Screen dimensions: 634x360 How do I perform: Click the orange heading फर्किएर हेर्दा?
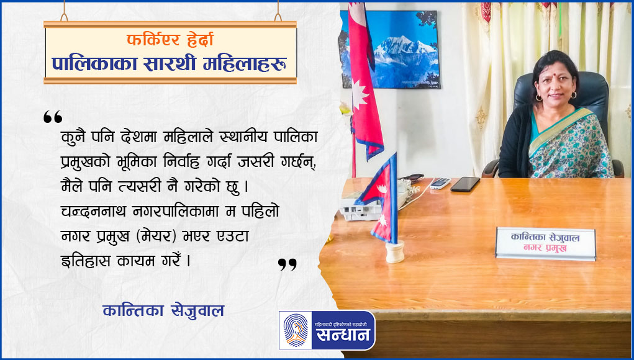tap(170, 40)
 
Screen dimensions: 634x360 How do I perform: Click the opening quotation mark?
tap(53, 117)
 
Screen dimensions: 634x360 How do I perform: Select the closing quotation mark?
tap(288, 264)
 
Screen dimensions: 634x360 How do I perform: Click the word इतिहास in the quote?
tap(86, 261)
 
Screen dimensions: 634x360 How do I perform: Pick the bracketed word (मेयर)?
tap(156, 236)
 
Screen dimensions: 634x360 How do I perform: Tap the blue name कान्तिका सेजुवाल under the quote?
tap(163, 311)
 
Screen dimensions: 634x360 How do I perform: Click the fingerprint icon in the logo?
tap(295, 330)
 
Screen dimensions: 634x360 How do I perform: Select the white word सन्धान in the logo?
tap(343, 335)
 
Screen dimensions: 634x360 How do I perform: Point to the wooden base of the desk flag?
tap(395, 251)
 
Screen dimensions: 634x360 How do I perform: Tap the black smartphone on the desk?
tap(465, 184)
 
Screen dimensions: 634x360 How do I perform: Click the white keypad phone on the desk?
tap(440, 184)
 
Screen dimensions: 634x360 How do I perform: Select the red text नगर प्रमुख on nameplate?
tap(545, 248)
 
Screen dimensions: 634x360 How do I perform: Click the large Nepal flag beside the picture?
tap(365, 81)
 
